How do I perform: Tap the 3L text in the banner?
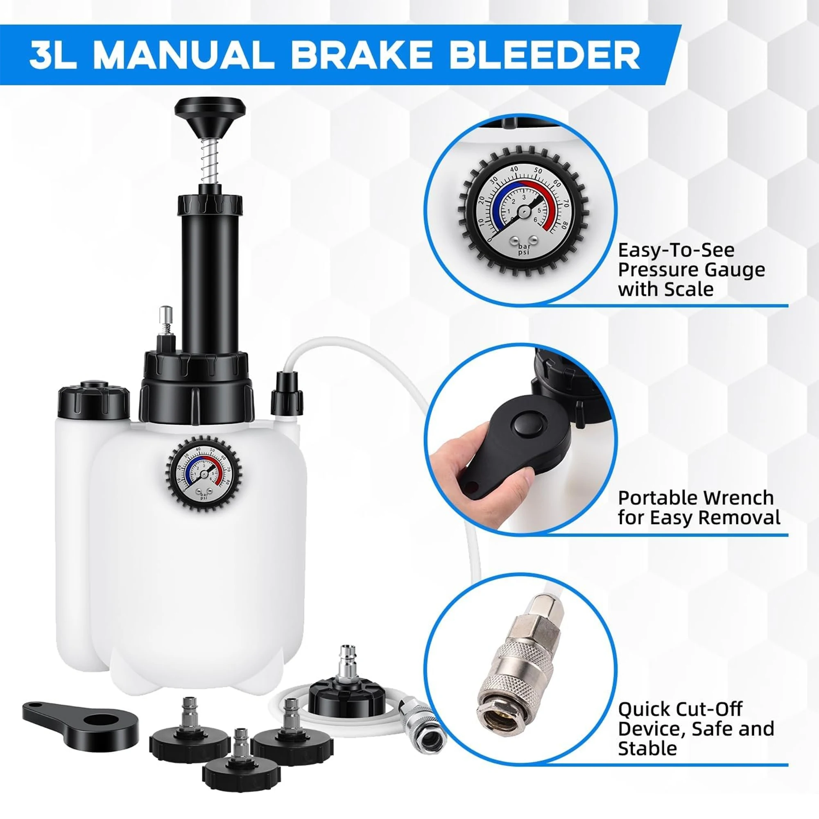(x=53, y=55)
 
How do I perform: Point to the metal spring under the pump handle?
(x=210, y=161)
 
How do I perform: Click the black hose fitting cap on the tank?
(x=287, y=394)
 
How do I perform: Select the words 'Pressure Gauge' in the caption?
(x=691, y=270)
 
